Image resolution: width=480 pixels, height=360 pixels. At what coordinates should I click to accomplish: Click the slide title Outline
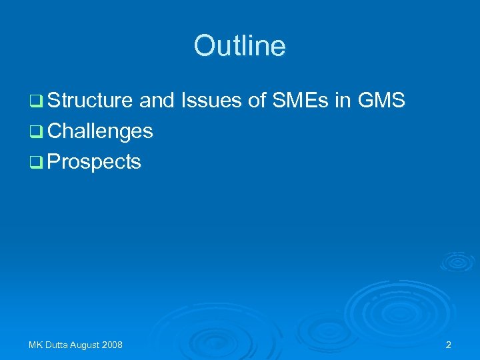pyautogui.click(x=239, y=46)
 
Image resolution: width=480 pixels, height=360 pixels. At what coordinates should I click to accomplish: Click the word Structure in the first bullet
pyautogui.click(x=91, y=101)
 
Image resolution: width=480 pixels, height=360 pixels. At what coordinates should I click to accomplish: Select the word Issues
pyautogui.click(x=203, y=101)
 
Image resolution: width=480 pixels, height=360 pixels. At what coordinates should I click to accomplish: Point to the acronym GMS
pyautogui.click(x=381, y=101)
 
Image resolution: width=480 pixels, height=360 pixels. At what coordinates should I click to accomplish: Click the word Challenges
pyautogui.click(x=101, y=131)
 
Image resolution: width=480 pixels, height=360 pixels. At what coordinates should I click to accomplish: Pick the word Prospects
pyautogui.click(x=94, y=161)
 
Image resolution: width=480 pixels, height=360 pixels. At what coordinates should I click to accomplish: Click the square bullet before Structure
pyautogui.click(x=35, y=102)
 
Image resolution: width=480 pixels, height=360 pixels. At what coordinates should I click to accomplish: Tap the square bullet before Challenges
pyautogui.click(x=35, y=132)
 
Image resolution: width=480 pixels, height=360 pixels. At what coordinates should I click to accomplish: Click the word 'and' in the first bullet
pyautogui.click(x=157, y=101)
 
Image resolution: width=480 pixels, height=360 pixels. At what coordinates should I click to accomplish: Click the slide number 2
pyautogui.click(x=448, y=345)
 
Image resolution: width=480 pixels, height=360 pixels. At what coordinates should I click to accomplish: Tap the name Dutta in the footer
pyautogui.click(x=56, y=345)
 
